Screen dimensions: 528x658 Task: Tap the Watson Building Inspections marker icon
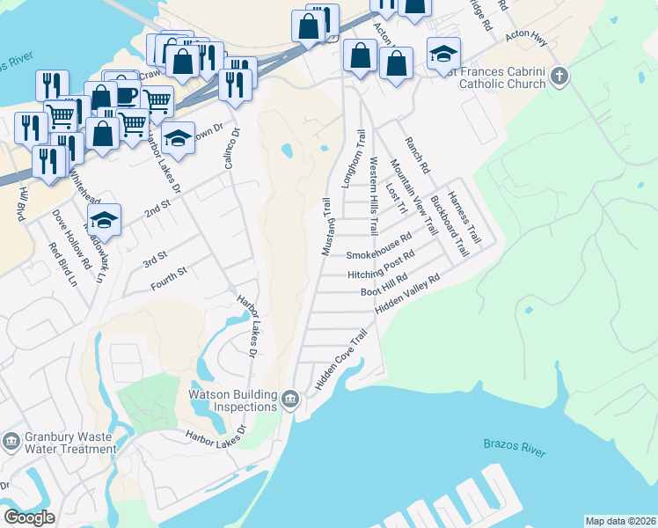[x=290, y=402]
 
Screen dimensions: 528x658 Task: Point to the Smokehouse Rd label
[x=378, y=247]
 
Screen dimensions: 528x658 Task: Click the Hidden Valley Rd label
[x=406, y=294]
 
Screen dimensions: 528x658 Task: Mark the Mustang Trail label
[x=326, y=227]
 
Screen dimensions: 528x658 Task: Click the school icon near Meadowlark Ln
[x=104, y=220]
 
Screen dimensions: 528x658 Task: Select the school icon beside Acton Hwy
[x=443, y=54]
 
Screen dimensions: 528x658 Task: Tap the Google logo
[x=29, y=517]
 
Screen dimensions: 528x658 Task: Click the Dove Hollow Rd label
[x=71, y=238]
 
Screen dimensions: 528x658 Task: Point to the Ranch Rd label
[x=416, y=155]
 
